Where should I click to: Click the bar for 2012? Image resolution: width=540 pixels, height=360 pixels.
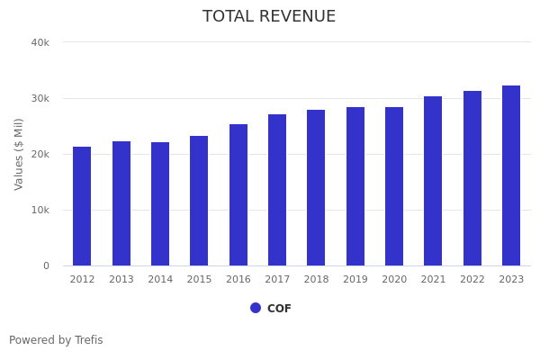click(82, 206)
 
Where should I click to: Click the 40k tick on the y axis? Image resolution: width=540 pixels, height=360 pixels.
click(40, 42)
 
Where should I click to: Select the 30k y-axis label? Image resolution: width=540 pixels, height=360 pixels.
click(40, 98)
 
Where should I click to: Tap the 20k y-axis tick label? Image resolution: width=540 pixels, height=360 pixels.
click(40, 154)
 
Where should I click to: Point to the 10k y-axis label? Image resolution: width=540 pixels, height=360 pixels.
click(40, 210)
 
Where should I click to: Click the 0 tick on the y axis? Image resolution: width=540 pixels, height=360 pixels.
click(45, 265)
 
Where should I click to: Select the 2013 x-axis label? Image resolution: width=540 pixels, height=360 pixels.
click(121, 279)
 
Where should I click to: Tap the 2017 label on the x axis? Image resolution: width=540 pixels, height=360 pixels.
click(277, 279)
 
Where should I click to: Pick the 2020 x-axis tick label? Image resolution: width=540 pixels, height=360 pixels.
click(394, 279)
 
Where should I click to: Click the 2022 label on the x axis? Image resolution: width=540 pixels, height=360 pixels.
click(472, 279)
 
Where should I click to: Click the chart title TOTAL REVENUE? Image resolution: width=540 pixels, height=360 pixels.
click(269, 17)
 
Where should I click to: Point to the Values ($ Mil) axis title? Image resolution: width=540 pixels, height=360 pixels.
click(19, 154)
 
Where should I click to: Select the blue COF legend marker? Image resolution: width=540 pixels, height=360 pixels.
click(256, 308)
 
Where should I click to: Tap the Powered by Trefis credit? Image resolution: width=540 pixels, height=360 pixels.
click(56, 340)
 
